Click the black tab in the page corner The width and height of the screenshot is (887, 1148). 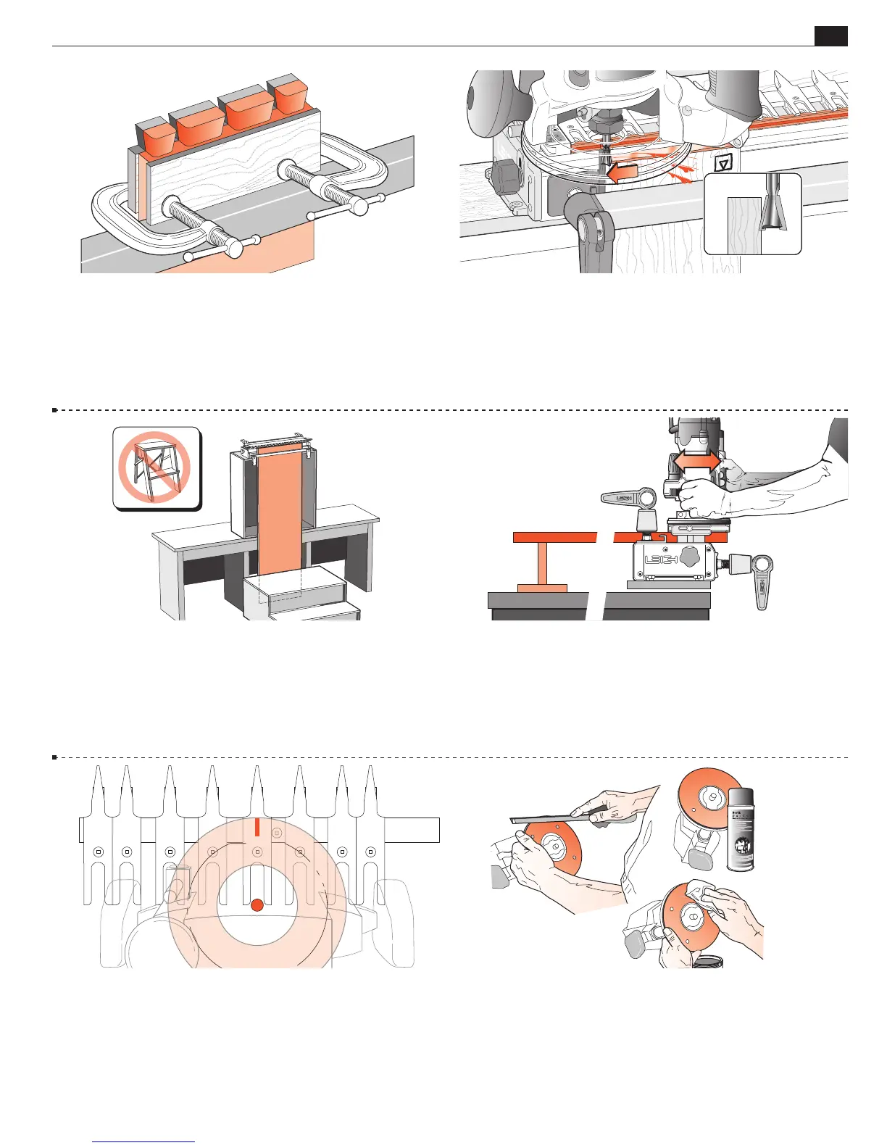tap(830, 36)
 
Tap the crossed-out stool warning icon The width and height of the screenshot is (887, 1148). tap(156, 467)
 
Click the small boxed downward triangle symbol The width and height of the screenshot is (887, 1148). tap(722, 164)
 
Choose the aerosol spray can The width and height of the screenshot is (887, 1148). tap(740, 829)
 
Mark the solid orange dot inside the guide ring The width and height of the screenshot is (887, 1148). tap(257, 905)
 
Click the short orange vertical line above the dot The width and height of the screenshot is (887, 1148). tap(257, 827)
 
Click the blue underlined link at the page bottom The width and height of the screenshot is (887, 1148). tap(143, 1141)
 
